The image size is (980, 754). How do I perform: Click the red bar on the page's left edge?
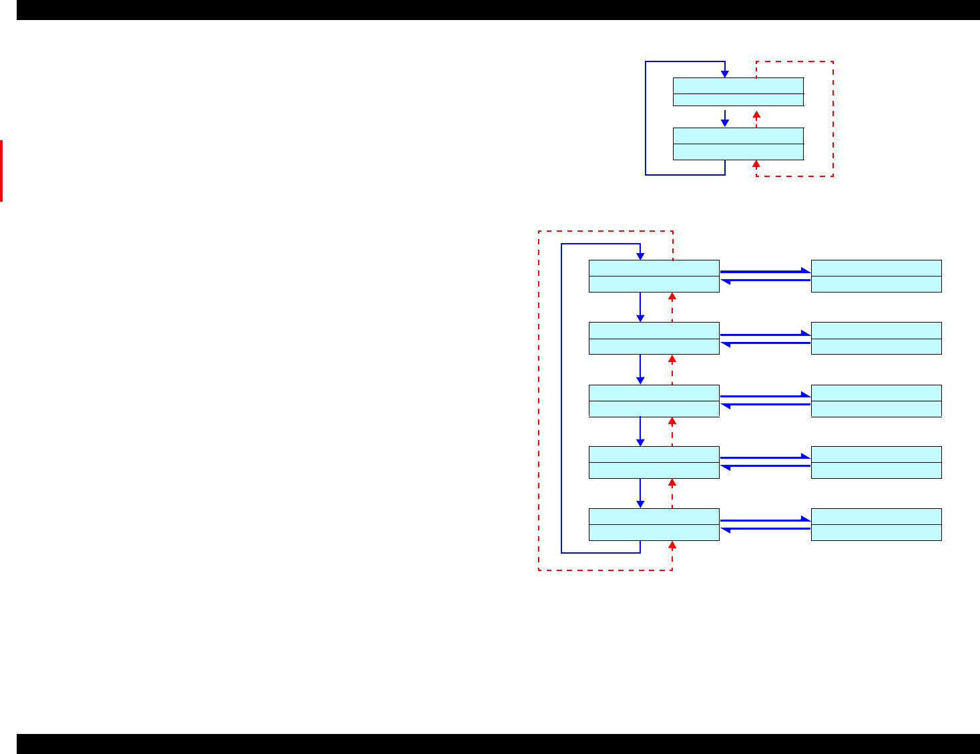1,170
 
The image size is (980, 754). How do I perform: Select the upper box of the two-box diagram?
738,91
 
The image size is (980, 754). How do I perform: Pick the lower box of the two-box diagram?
738,144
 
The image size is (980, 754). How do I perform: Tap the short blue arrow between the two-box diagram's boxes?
725,118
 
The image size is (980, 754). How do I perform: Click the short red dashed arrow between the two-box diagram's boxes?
756,118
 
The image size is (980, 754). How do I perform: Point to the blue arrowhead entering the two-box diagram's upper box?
725,74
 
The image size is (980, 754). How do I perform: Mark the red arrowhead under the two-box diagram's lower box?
756,164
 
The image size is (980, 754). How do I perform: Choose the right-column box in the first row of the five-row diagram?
876,276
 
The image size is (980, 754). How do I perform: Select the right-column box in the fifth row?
876,524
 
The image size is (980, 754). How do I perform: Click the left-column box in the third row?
654,401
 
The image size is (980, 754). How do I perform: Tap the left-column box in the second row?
654,338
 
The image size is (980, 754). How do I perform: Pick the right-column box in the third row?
876,401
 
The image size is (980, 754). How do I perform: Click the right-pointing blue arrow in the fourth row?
765,458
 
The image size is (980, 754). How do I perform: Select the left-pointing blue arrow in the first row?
765,280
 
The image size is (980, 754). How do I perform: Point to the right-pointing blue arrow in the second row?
765,335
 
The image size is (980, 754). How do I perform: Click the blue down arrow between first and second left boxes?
640,307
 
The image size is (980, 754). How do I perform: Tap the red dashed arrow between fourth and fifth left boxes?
672,493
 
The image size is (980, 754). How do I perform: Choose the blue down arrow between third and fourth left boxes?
640,431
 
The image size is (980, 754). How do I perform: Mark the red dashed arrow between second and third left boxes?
672,369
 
